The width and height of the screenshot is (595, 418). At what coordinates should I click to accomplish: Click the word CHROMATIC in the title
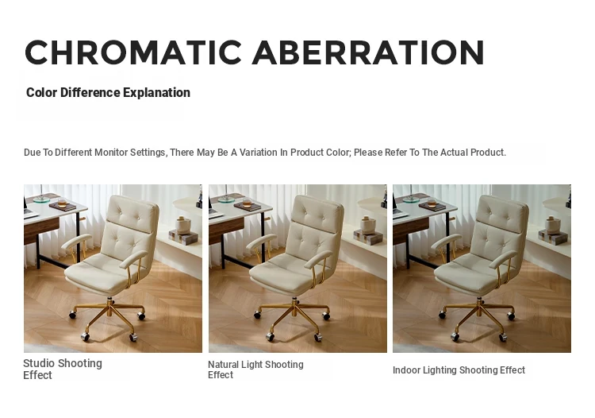[133, 52]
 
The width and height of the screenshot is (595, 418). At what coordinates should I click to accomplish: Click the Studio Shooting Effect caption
[63, 369]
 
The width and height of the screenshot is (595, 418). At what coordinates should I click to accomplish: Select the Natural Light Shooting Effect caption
[255, 370]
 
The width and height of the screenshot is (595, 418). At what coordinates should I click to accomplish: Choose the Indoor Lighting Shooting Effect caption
[459, 370]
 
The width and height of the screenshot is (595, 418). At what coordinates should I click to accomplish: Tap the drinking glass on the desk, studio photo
[62, 202]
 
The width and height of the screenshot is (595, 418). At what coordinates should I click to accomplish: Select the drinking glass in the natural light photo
[247, 202]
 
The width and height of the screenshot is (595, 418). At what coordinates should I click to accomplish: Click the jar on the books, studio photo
[183, 225]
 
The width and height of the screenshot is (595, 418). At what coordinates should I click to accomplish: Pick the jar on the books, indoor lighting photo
[552, 225]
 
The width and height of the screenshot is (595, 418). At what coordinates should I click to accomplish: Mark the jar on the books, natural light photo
[367, 225]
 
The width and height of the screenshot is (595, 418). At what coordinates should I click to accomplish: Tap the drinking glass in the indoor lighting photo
[432, 202]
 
